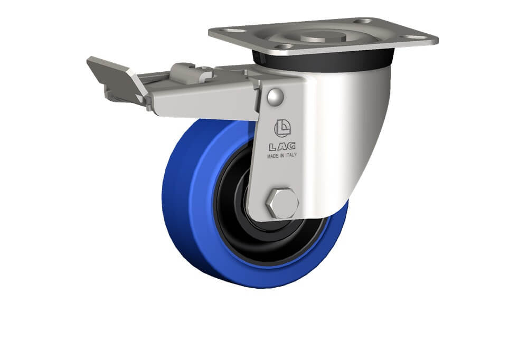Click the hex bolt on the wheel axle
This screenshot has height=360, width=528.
click(x=282, y=203)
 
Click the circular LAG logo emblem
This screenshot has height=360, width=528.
click(x=282, y=128)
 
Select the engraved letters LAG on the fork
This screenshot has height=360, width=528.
click(x=282, y=147)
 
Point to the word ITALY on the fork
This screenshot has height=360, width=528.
click(x=290, y=155)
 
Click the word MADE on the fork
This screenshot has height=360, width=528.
click(x=274, y=156)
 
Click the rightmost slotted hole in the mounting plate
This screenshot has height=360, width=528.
click(x=413, y=37)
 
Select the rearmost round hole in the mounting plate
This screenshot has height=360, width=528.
click(x=363, y=21)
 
